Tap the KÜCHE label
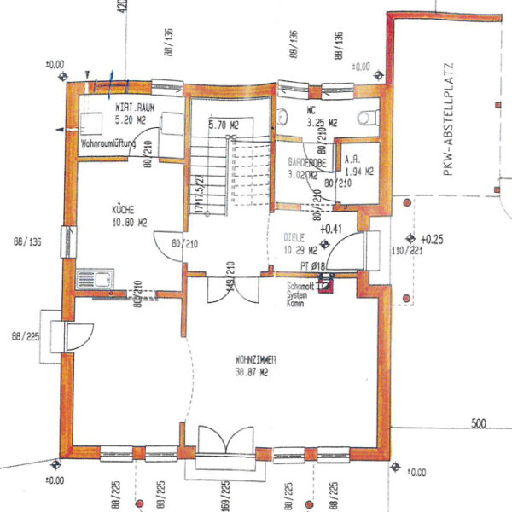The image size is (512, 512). [x=122, y=209]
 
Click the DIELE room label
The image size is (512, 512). [x=296, y=239]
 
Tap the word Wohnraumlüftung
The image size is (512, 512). [x=109, y=146]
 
